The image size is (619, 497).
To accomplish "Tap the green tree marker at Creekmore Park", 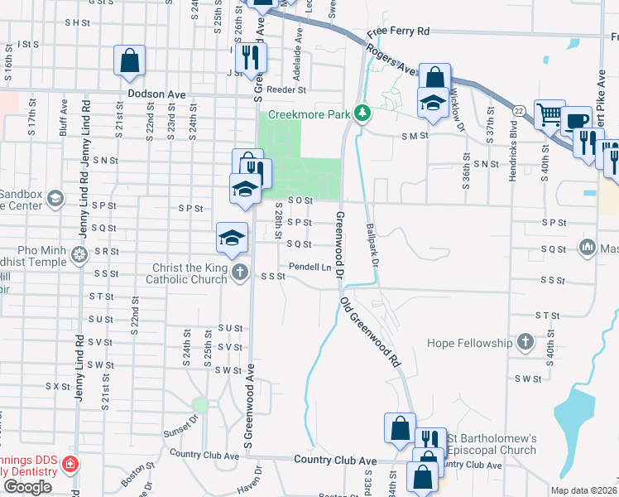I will [361, 113].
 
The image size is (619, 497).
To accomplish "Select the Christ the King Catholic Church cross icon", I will [239, 273].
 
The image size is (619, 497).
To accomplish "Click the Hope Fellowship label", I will [470, 342].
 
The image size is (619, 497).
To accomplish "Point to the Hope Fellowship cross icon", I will [525, 341].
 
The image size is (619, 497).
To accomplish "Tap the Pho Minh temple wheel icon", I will [79, 253].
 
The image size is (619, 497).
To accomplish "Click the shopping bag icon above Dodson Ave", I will [130, 60].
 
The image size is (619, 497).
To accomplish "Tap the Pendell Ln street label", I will [309, 267].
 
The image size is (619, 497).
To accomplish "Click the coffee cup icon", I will [577, 122].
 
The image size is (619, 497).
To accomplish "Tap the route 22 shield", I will [519, 111].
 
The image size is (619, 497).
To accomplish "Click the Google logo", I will [27, 487].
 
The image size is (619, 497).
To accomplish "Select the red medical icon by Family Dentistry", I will [71, 463].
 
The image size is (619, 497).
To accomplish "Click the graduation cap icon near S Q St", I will [232, 238].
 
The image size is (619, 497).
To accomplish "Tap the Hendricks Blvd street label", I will [513, 146].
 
